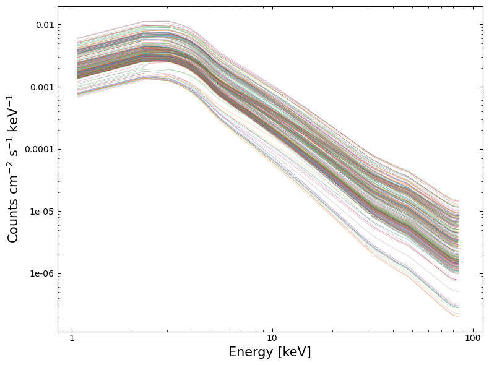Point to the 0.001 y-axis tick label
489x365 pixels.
pyautogui.click(x=43, y=87)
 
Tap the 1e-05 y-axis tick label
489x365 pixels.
pyautogui.click(x=42, y=212)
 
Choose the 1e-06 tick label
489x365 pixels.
pyautogui.click(x=42, y=273)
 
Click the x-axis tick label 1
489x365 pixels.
pyautogui.click(x=72, y=339)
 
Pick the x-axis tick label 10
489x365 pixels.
pyautogui.click(x=272, y=339)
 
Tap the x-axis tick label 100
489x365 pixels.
pyautogui.click(x=473, y=339)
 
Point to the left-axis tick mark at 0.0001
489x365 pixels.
pyautogui.click(x=59, y=149)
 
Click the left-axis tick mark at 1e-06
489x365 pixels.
pyautogui.click(x=59, y=273)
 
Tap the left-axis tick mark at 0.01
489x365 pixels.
pyautogui.click(x=59, y=25)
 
